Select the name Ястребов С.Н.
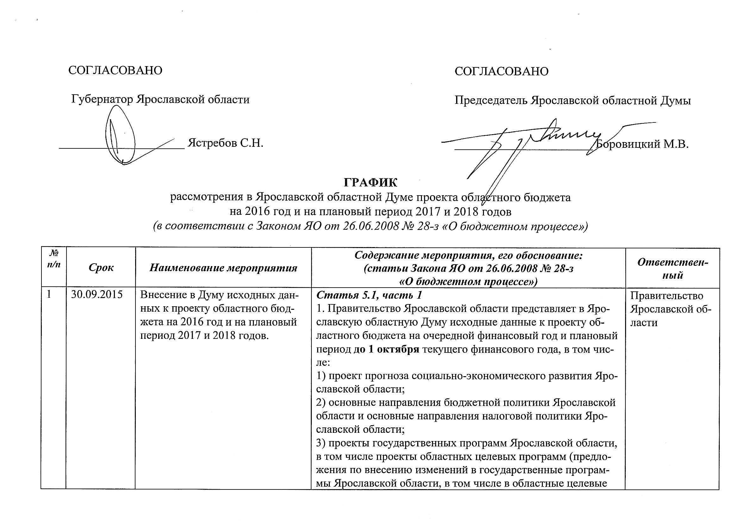(x=226, y=143)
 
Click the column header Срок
(x=101, y=268)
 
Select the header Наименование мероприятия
(x=223, y=268)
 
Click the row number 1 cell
(x=49, y=295)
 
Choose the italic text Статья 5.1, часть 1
(x=369, y=295)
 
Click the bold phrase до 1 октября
(x=387, y=350)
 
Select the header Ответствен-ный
(x=673, y=268)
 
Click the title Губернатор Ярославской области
(x=160, y=99)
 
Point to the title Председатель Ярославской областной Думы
(x=572, y=101)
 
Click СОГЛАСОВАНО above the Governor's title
(x=115, y=70)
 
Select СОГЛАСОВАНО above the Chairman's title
(x=501, y=71)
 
